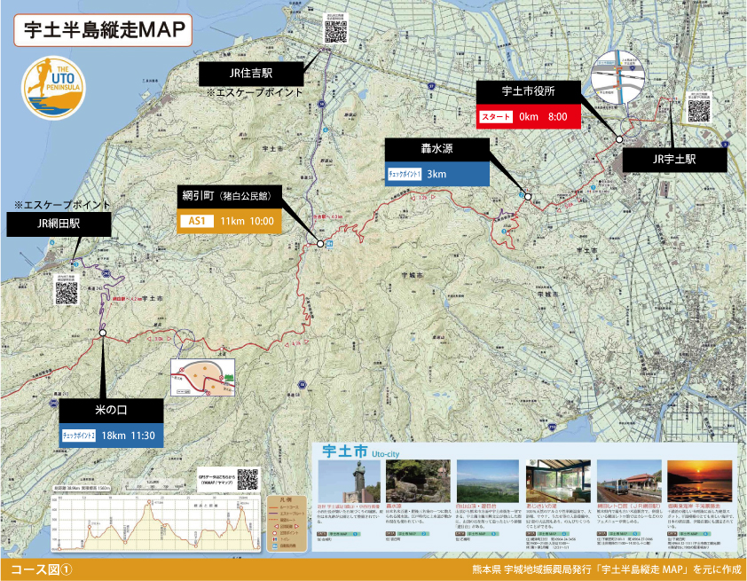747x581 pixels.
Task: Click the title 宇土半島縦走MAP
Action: point(103,28)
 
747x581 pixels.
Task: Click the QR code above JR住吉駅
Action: point(336,28)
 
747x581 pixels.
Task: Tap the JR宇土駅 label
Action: point(673,160)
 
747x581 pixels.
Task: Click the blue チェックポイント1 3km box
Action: point(436,174)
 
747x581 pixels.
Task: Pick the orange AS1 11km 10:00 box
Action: point(230,221)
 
